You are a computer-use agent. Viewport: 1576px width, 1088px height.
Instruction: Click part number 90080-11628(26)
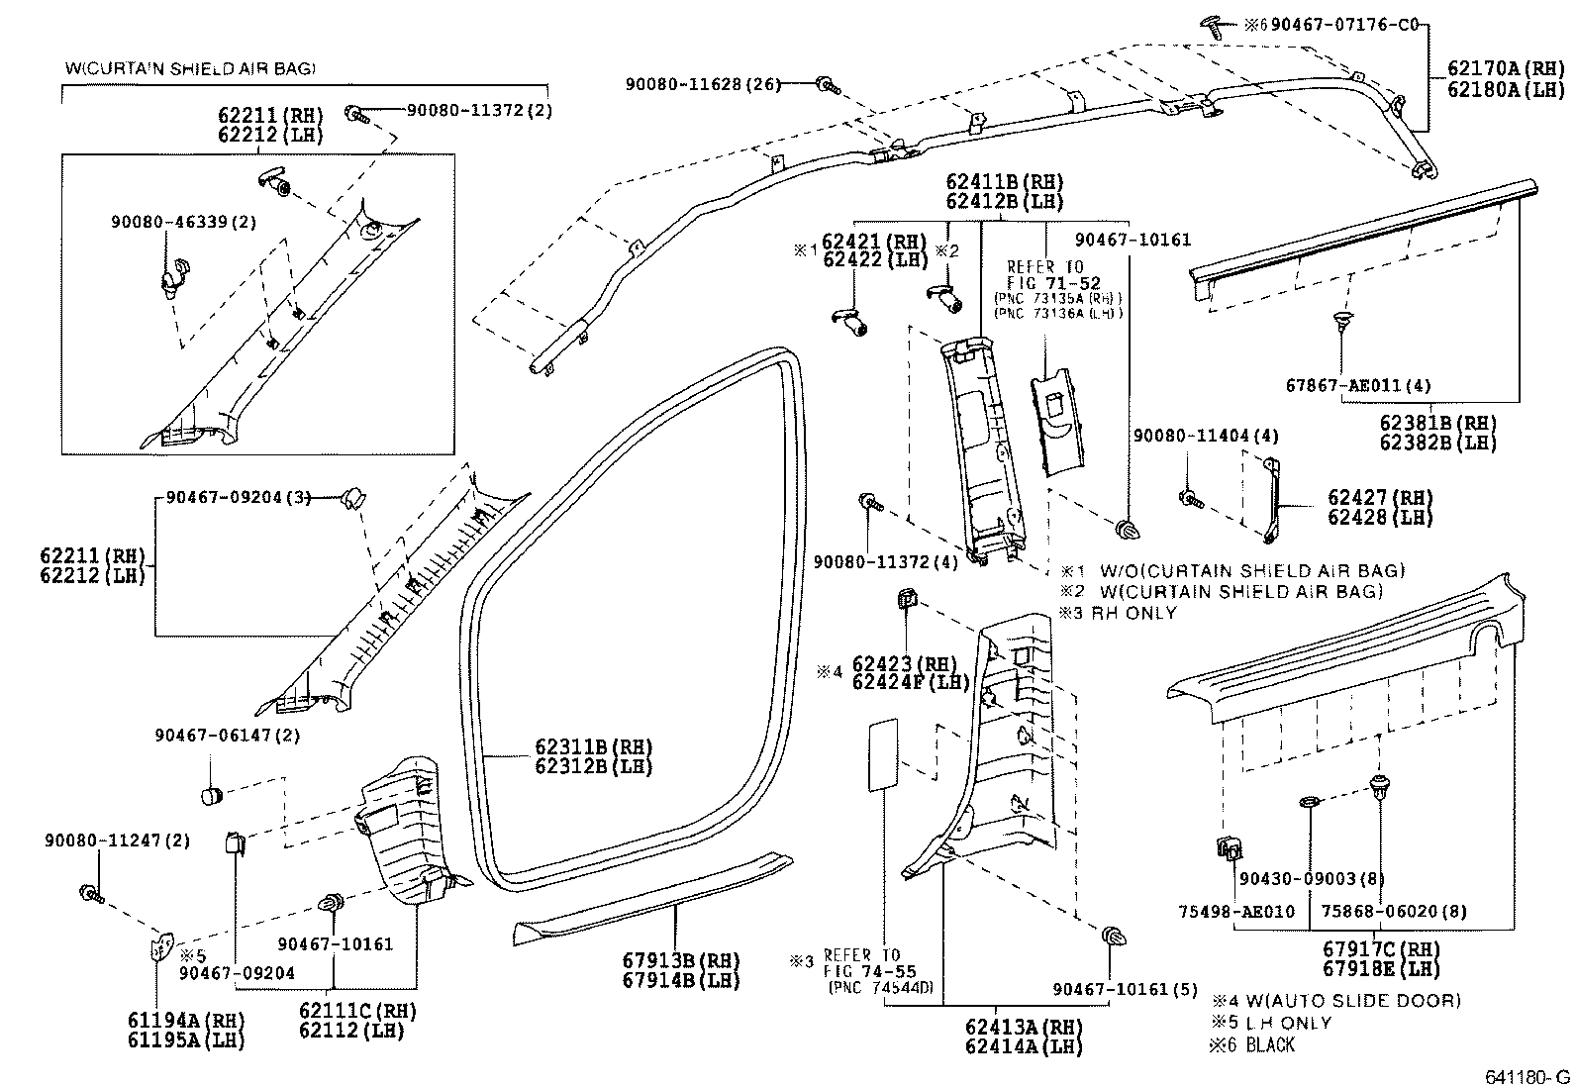tap(702, 85)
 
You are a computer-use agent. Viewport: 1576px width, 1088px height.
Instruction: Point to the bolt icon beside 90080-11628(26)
tap(828, 86)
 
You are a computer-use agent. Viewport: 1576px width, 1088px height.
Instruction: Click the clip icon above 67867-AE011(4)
tap(1341, 322)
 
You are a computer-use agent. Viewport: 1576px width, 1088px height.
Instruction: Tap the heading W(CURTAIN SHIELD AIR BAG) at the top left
tap(190, 68)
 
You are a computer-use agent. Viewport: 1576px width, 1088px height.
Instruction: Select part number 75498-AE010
tap(1235, 911)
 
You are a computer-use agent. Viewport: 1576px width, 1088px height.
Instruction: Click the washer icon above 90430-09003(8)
tap(1308, 800)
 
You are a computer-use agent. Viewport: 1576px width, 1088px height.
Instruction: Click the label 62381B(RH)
tap(1437, 422)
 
